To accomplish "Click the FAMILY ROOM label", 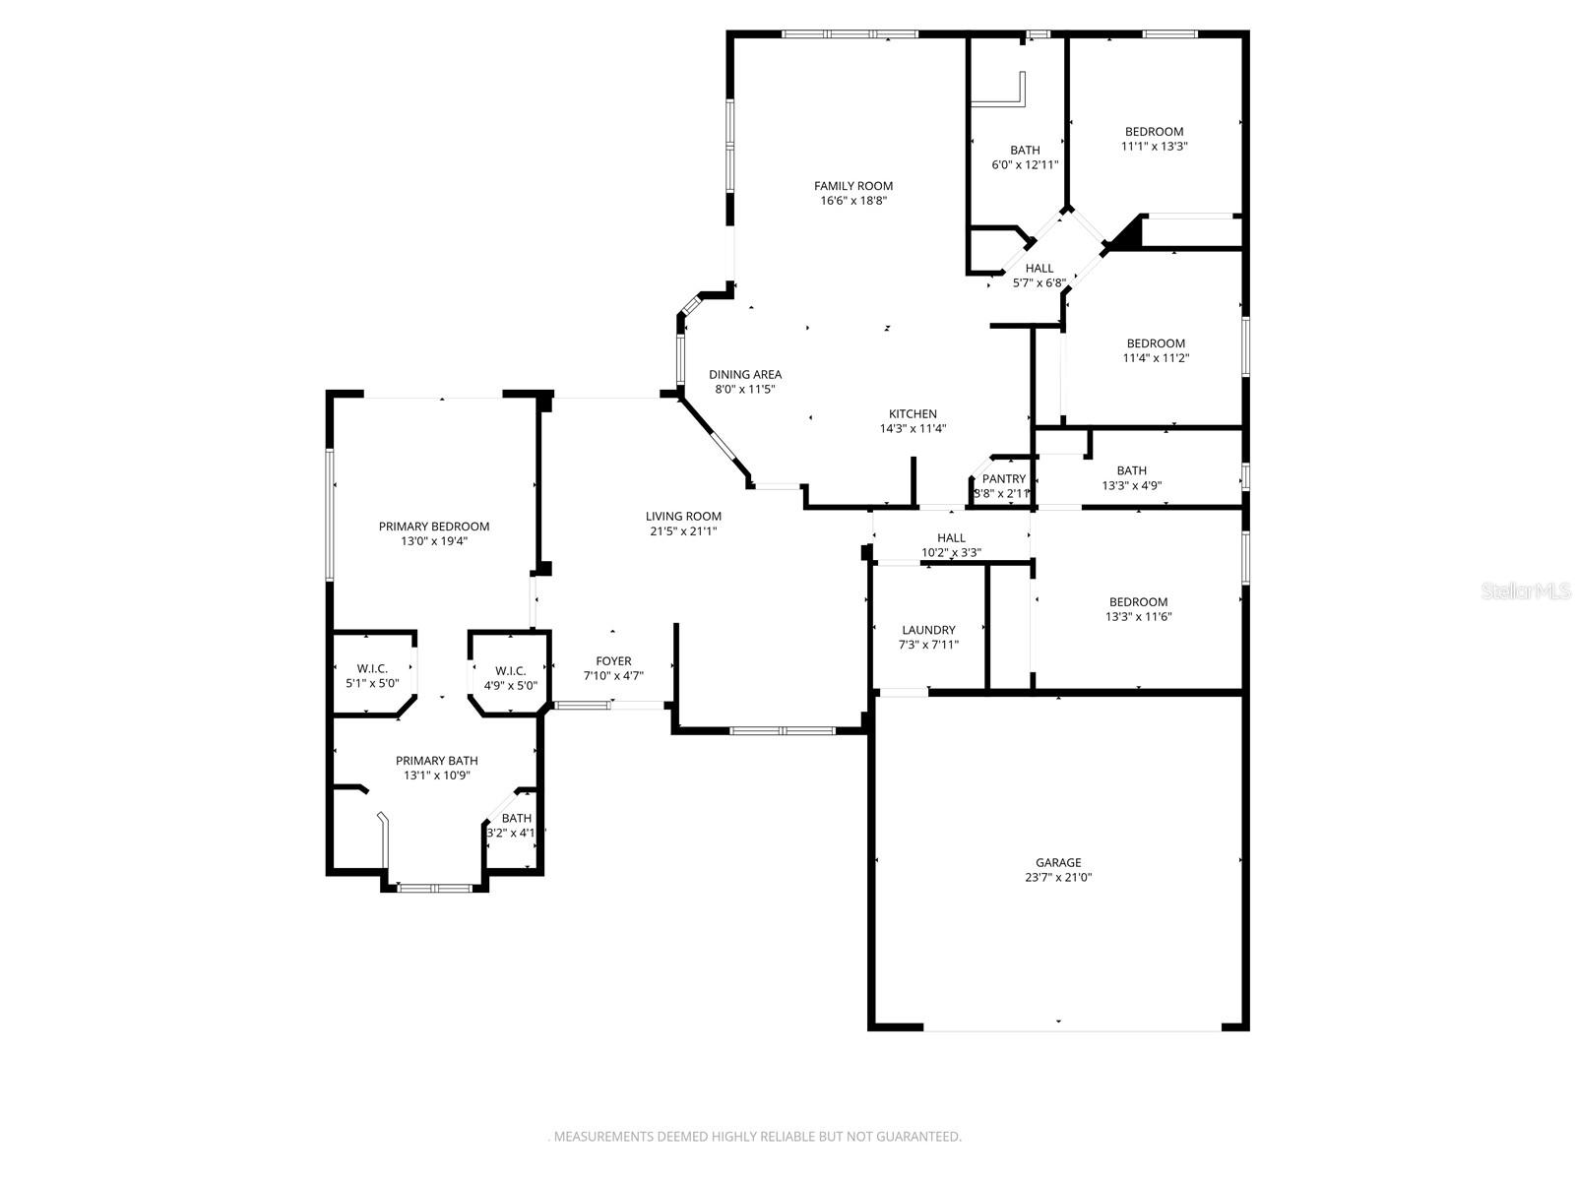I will pyautogui.click(x=852, y=186).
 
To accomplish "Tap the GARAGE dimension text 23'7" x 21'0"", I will pyautogui.click(x=1058, y=878).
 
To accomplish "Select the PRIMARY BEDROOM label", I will pyautogui.click(x=433, y=527).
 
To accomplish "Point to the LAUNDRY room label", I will pyautogui.click(x=928, y=630).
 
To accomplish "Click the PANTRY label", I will pyautogui.click(x=1003, y=479).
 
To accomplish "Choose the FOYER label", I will pyautogui.click(x=613, y=661).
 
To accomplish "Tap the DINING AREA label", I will pyautogui.click(x=745, y=374).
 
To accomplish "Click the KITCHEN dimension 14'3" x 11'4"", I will pyautogui.click(x=913, y=429).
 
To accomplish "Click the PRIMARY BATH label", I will pyautogui.click(x=436, y=761).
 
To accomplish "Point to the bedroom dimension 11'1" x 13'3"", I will pyautogui.click(x=1154, y=147).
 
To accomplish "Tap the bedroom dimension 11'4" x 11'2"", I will pyautogui.click(x=1156, y=358).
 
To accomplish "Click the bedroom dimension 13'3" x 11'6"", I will pyautogui.click(x=1138, y=617).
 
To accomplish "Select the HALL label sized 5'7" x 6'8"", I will pyautogui.click(x=1039, y=268).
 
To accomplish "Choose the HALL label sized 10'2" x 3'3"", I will pyautogui.click(x=951, y=538).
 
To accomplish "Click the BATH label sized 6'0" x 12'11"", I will pyautogui.click(x=1024, y=151).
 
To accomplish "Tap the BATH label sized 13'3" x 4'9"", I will pyautogui.click(x=1131, y=470).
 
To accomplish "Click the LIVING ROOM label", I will pyautogui.click(x=683, y=517).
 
